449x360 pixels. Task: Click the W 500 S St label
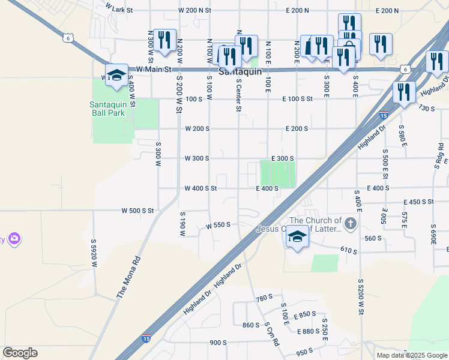(x=138, y=211)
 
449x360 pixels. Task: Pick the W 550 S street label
(x=218, y=226)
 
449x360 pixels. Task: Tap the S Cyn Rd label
(x=272, y=335)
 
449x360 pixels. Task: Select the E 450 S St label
(x=419, y=202)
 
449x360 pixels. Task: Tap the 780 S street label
(x=264, y=298)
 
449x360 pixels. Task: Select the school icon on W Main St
(x=117, y=74)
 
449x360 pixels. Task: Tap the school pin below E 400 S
(x=297, y=236)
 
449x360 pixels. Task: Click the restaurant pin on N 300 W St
(x=164, y=40)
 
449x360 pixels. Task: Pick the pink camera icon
(x=14, y=239)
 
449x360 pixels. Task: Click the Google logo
(x=20, y=353)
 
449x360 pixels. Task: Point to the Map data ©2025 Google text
(x=412, y=355)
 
